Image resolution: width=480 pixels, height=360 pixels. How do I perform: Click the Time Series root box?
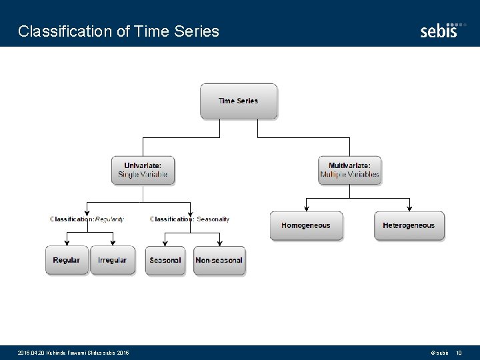click(x=239, y=101)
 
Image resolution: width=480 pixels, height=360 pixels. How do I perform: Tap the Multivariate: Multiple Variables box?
click(x=349, y=170)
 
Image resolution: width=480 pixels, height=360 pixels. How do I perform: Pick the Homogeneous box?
click(x=306, y=226)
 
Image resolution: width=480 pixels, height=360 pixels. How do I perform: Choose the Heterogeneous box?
click(x=409, y=226)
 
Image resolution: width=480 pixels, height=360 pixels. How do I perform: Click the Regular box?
click(x=67, y=260)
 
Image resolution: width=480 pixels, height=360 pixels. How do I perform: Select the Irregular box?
click(x=113, y=260)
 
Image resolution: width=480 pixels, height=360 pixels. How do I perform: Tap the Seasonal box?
click(x=165, y=260)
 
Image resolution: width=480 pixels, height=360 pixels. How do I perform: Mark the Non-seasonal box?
click(x=219, y=260)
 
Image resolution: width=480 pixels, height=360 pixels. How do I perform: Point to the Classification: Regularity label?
click(x=87, y=219)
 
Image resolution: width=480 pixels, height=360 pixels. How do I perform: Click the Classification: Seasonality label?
click(x=189, y=219)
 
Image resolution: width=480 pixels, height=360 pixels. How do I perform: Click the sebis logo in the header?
click(x=442, y=29)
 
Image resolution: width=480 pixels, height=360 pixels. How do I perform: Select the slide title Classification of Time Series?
click(x=119, y=31)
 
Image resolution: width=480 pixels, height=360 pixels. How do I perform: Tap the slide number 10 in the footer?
click(x=459, y=352)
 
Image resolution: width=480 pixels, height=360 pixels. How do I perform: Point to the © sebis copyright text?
click(x=439, y=352)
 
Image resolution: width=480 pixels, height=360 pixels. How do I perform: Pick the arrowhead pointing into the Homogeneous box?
click(x=306, y=209)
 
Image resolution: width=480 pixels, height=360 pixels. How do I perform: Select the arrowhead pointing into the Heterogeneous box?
click(x=409, y=209)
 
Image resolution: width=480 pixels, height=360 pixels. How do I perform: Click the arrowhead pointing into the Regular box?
click(x=67, y=243)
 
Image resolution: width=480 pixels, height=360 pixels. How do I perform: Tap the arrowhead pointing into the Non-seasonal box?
click(x=218, y=243)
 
